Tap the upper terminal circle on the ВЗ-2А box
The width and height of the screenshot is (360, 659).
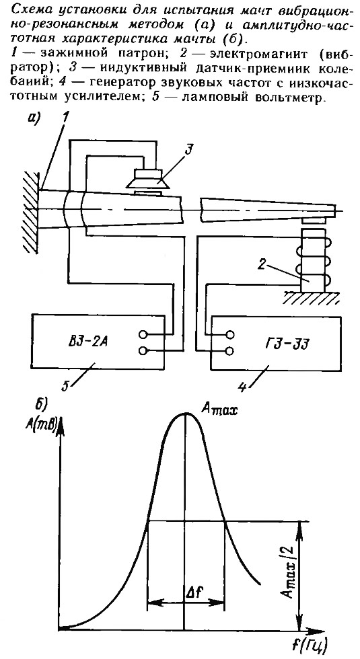pyautogui.click(x=143, y=335)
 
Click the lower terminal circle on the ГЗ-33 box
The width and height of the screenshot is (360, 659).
pyautogui.click(x=230, y=350)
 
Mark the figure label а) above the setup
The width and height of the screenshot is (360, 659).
pyautogui.click(x=33, y=120)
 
